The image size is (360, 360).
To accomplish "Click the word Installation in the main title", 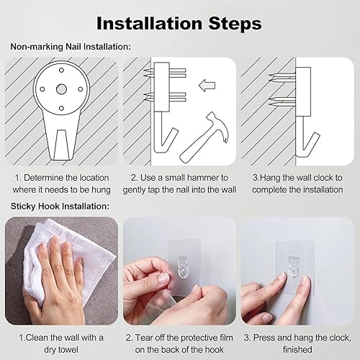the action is pyautogui.click(x=149, y=24).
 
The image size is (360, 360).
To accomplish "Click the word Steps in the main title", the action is pyautogui.click(x=235, y=24).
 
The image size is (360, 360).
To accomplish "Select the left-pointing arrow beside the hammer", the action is pyautogui.click(x=207, y=86).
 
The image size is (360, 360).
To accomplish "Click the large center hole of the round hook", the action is pyautogui.click(x=61, y=89).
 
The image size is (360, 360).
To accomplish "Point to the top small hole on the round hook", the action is pyautogui.click(x=61, y=70).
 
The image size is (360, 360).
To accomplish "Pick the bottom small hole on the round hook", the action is pyautogui.click(x=61, y=108).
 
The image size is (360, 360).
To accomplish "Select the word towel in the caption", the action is pyautogui.click(x=66, y=349).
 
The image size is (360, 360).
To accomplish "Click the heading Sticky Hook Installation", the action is pyautogui.click(x=60, y=206).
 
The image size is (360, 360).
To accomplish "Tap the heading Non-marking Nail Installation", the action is pyautogui.click(x=71, y=47).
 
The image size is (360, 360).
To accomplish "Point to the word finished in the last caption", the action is pyautogui.click(x=297, y=349).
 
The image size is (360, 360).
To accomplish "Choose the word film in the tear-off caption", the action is pyautogui.click(x=224, y=338).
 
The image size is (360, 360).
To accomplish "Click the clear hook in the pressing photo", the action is pyautogui.click(x=294, y=268).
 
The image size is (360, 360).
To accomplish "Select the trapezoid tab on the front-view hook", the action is pyautogui.click(x=61, y=145).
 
